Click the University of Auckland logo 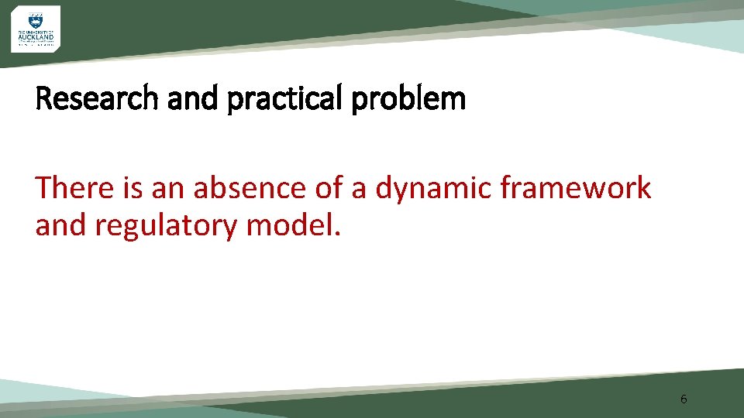coord(35,29)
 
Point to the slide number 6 coord(683,399)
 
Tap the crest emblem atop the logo coord(35,20)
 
